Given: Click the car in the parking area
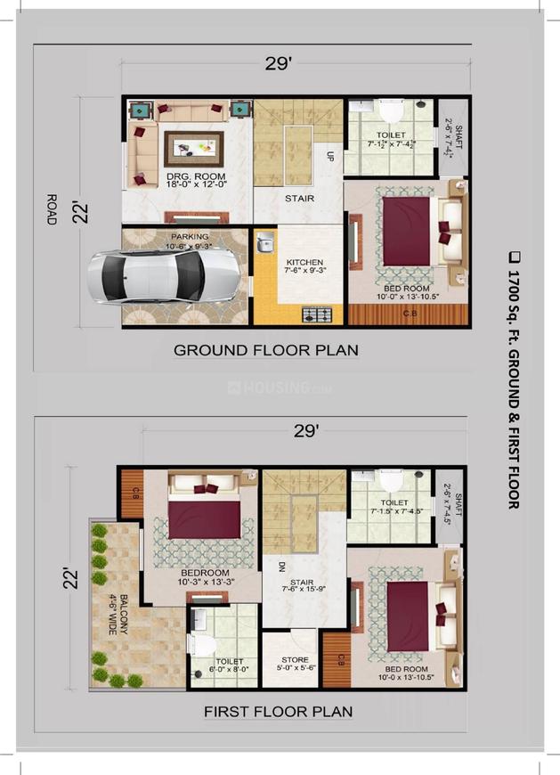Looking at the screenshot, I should click(165, 277).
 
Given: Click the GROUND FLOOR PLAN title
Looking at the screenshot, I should click(265, 350).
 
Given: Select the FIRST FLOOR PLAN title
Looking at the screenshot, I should click(278, 712).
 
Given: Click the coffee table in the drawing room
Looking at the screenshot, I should click(193, 147).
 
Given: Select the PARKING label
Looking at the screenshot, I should click(189, 238).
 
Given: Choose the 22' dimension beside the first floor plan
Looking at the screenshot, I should click(77, 575).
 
